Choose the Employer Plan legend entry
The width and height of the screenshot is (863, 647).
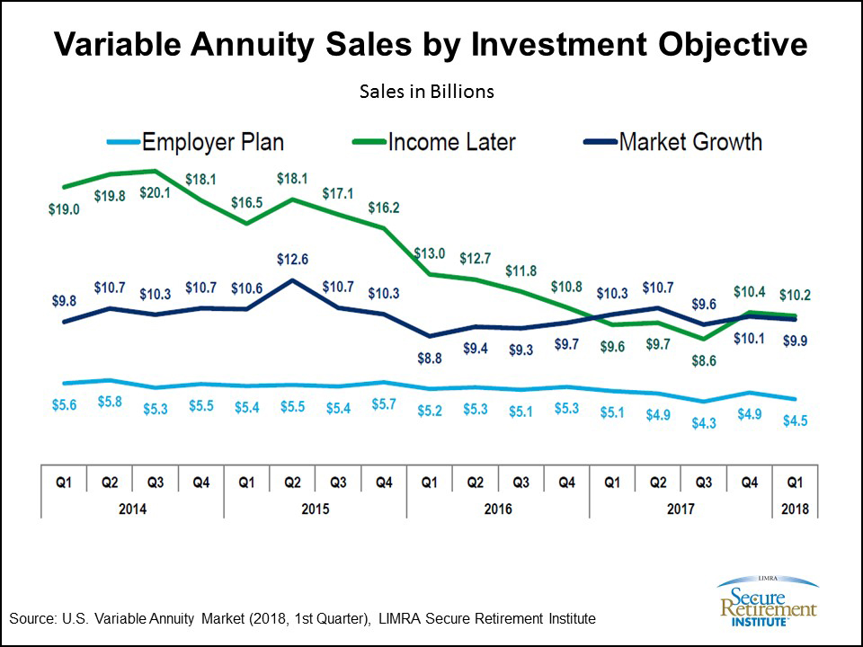[212, 142]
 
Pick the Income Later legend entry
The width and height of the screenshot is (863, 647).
[451, 142]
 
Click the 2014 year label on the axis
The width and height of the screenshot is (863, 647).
[132, 509]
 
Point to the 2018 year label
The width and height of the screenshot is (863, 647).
[794, 509]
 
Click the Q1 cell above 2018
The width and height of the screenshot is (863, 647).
[794, 483]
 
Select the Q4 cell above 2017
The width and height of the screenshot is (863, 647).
[748, 483]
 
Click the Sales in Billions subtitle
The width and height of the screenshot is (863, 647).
[427, 92]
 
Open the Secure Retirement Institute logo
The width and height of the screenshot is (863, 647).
[766, 598]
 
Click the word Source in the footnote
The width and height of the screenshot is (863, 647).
[31, 619]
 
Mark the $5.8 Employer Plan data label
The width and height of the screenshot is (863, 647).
[109, 402]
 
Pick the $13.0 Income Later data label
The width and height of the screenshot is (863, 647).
[429, 254]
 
